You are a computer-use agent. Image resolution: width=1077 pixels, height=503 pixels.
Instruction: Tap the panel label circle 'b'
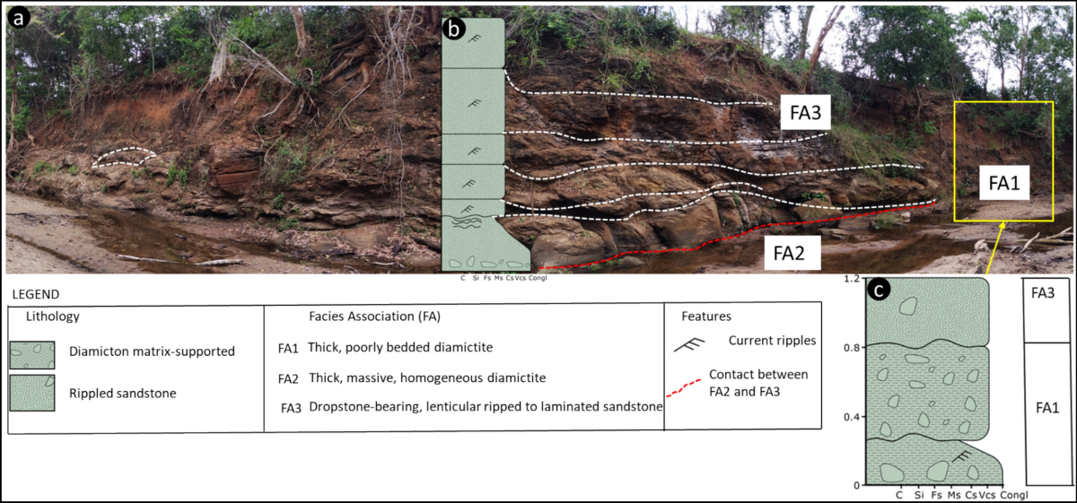pos(455,30)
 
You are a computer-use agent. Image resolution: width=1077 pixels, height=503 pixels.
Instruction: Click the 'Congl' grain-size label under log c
pos(1015,494)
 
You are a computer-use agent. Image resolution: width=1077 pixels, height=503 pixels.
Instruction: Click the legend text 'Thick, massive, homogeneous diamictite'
pos(426,377)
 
